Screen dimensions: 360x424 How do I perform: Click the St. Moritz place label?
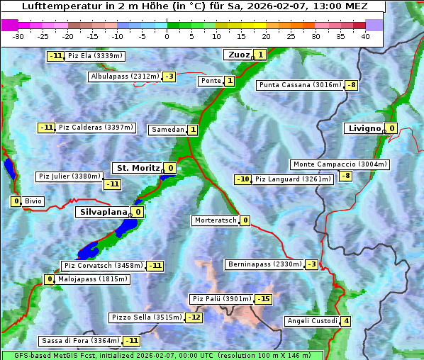137,168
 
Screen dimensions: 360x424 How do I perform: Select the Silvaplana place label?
103,211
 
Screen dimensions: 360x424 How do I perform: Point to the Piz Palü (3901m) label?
221,299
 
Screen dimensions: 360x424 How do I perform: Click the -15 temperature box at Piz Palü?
263,299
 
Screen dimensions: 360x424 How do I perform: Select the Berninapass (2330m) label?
264,264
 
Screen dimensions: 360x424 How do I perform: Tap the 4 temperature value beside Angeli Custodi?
345,321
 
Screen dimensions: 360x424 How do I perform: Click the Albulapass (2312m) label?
125,76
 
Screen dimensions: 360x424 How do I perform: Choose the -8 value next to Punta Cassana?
351,86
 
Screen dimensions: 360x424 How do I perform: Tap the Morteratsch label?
216,220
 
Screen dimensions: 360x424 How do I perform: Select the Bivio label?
33,201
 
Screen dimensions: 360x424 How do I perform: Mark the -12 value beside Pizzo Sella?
194,317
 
